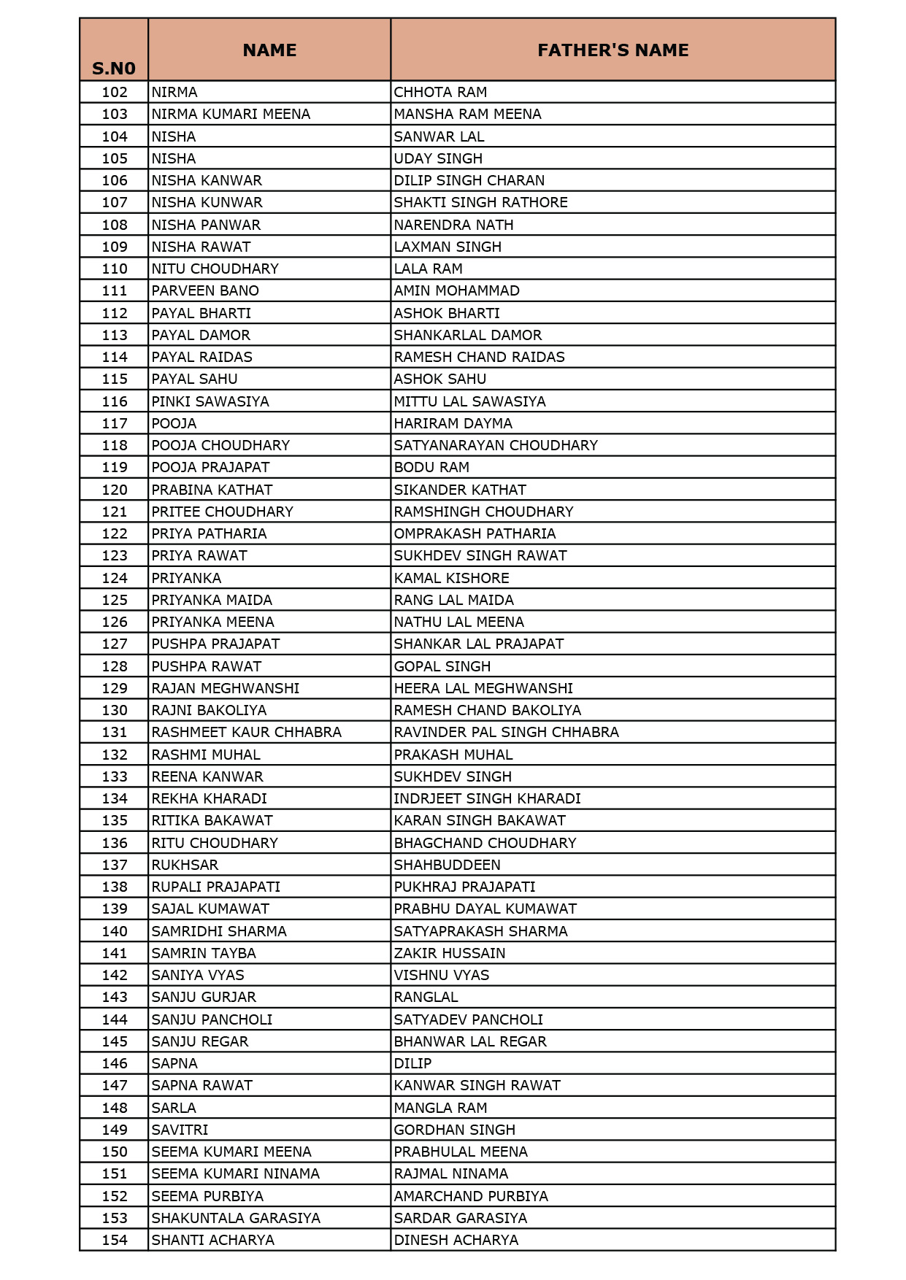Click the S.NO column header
[114, 68]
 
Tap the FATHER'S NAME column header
[613, 50]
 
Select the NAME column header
[269, 50]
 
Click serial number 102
[115, 92]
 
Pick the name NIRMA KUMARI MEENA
[231, 114]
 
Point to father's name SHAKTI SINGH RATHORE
[480, 202]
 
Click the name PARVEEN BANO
[205, 290]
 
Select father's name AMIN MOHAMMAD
[456, 290]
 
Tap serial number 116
[115, 401]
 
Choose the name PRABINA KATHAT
[212, 490]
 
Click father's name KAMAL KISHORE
[451, 578]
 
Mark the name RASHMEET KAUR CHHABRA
[246, 732]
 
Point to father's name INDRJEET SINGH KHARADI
[487, 798]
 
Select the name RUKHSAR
[185, 865]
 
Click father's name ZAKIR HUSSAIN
[449, 953]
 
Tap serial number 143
[115, 997]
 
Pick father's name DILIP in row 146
[412, 1063]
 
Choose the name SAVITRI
[180, 1130]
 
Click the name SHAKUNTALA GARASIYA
[236, 1218]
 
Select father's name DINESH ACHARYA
[456, 1240]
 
